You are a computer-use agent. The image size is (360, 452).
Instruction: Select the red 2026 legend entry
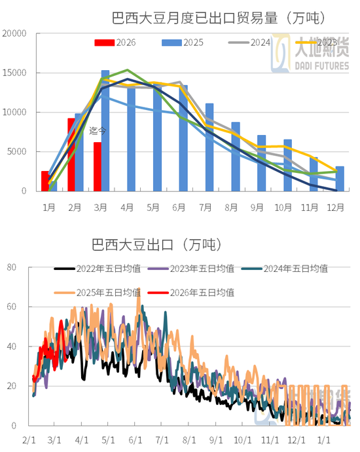point(115,43)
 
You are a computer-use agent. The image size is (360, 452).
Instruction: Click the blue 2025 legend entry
point(183,43)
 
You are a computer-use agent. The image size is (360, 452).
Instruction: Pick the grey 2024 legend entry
point(249,43)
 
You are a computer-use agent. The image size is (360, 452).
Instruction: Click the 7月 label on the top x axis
point(206,208)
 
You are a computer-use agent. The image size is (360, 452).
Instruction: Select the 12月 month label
point(335,208)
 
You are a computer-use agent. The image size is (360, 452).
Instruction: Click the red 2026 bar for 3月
point(98,166)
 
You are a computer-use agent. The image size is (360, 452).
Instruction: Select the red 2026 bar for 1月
point(45,181)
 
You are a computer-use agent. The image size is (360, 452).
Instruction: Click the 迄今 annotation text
point(98,131)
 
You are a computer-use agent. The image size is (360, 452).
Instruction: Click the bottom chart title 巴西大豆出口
point(157,245)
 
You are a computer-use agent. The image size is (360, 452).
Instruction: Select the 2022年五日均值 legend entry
point(109,269)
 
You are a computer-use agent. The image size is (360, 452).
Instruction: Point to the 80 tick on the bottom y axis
point(11,267)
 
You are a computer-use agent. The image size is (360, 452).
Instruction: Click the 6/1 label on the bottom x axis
point(136,440)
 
